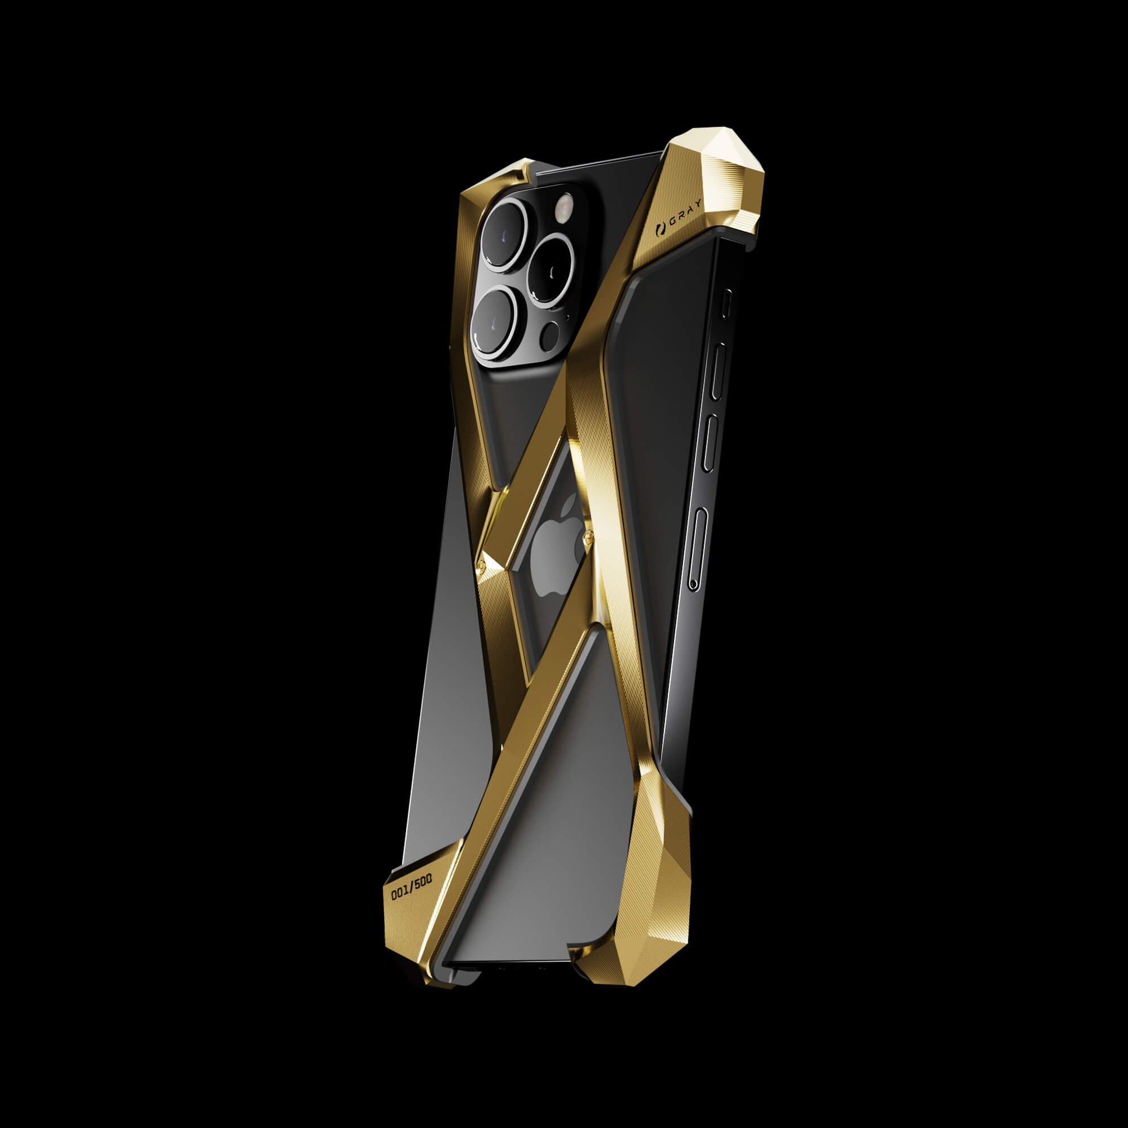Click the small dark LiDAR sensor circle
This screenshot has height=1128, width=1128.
tap(549, 337)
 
